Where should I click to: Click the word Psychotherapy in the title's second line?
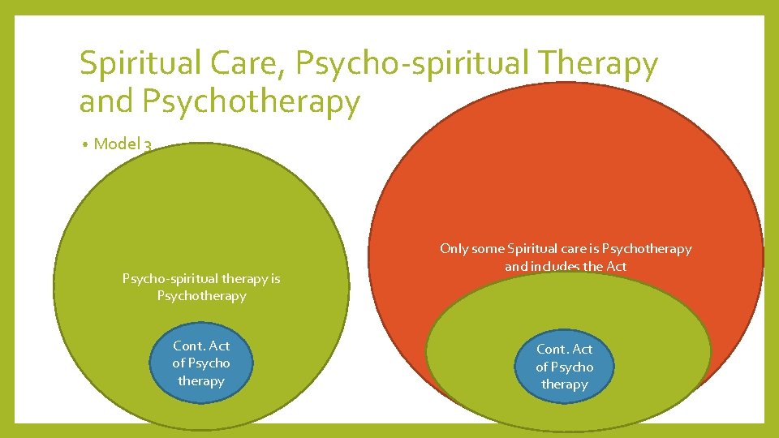coord(250,102)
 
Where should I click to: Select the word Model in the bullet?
coord(116,144)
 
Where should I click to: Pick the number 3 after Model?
coord(148,145)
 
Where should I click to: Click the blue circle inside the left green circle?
coord(200,363)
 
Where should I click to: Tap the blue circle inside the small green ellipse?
coord(564,367)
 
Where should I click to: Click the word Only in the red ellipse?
coord(454,249)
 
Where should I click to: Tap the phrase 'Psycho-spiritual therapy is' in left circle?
coord(200,279)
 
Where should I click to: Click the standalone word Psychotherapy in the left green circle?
coord(200,296)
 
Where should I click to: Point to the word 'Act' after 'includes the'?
coord(616,266)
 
